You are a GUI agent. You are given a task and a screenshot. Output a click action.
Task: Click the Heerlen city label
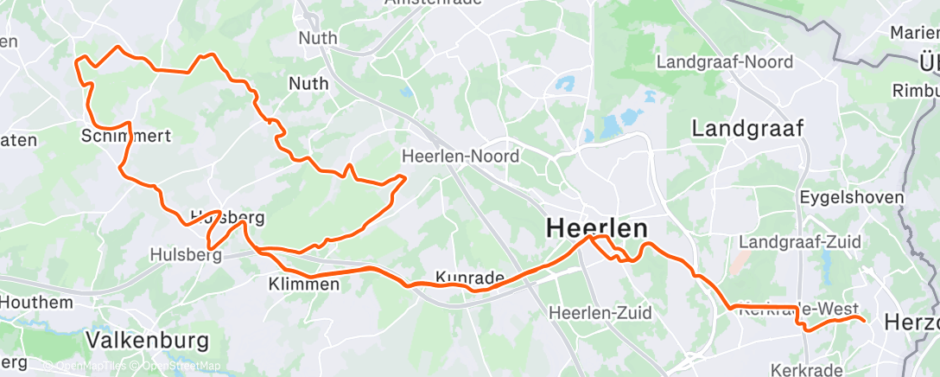coord(597,229)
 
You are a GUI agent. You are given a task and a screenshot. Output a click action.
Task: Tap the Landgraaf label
coord(748,129)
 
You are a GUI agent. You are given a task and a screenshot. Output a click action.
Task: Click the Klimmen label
coord(303,284)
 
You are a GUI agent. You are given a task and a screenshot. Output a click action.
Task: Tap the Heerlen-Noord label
coord(460,157)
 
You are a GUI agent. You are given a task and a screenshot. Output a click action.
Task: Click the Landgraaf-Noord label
coord(719,62)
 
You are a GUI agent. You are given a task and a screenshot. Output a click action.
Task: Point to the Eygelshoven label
coord(852,197)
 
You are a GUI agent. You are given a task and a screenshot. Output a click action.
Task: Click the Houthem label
coord(35,303)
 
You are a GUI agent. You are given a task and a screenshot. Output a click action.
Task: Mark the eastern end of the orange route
coord(863,320)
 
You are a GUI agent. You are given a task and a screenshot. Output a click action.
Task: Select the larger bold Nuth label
coord(308,84)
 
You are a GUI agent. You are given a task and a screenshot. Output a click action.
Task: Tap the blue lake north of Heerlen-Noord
coord(566,86)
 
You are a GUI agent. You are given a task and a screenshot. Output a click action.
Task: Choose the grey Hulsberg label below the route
coord(184,254)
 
